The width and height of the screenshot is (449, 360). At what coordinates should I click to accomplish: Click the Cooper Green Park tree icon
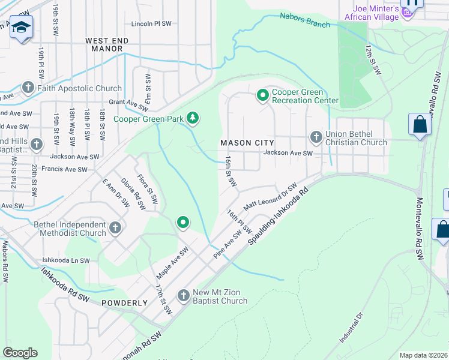point(193,118)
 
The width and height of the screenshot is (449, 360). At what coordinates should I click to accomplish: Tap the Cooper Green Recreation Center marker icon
point(262,95)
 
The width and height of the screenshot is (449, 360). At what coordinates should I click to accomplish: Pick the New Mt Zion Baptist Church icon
point(184,296)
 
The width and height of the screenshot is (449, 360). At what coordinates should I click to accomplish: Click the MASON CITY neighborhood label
point(247,143)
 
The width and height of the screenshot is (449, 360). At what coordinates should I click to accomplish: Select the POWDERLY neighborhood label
point(124,303)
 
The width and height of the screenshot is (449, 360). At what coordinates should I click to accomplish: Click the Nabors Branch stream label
point(305,20)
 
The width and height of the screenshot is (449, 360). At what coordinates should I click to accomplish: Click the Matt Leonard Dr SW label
point(270,197)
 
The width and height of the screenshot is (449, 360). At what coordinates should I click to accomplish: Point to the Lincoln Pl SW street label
point(151,24)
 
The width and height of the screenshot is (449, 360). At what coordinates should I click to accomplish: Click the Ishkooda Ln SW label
point(65,261)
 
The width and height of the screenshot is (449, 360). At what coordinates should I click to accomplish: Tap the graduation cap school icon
point(21,28)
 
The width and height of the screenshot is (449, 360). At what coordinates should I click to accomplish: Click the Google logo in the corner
point(20,353)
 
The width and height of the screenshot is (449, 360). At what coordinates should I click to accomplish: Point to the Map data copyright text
point(423,355)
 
